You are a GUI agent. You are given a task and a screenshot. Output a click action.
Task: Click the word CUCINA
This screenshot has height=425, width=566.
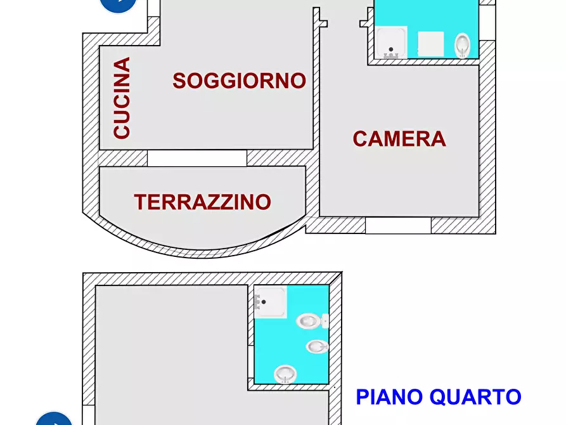pos(122,98)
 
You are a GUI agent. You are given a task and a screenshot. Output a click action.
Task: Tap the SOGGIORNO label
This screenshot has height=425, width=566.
pos(239,81)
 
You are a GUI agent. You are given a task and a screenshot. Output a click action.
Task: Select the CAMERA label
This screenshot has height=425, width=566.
pos(399,138)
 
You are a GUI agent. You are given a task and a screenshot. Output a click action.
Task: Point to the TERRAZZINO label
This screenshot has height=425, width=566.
pos(202,202)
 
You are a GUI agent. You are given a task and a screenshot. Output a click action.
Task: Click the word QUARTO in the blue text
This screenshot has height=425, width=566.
pos(475,397)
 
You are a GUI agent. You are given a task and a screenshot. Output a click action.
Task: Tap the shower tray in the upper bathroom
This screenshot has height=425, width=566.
pos(392,43)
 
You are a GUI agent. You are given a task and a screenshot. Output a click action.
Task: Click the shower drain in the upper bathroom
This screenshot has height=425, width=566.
pos(392,49)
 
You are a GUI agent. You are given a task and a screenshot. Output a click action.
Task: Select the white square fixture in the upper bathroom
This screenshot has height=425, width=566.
pos(430,44)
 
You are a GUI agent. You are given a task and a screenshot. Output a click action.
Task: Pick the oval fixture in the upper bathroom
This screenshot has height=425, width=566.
pos(463,44)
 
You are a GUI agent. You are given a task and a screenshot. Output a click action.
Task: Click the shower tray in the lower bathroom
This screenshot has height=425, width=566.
pos(271,301)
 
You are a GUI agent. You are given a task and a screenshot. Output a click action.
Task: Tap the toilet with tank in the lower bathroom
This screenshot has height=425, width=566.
pos(308,321)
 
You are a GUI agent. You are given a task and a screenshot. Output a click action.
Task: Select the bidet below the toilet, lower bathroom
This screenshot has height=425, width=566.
pos(316,346)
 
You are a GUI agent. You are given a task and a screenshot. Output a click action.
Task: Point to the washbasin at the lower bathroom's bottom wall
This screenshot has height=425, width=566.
pos(286,374)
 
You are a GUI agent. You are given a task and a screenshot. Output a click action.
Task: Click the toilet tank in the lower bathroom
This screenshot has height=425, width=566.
pos(325,321)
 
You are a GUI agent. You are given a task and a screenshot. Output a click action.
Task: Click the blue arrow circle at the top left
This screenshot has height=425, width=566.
pos(119,4)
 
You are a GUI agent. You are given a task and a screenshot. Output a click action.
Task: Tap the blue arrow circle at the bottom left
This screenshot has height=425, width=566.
pos(54,419)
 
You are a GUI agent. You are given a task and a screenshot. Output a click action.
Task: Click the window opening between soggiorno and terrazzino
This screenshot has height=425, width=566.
pos(196,158)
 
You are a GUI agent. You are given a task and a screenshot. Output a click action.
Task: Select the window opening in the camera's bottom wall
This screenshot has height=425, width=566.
pos(398,225)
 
